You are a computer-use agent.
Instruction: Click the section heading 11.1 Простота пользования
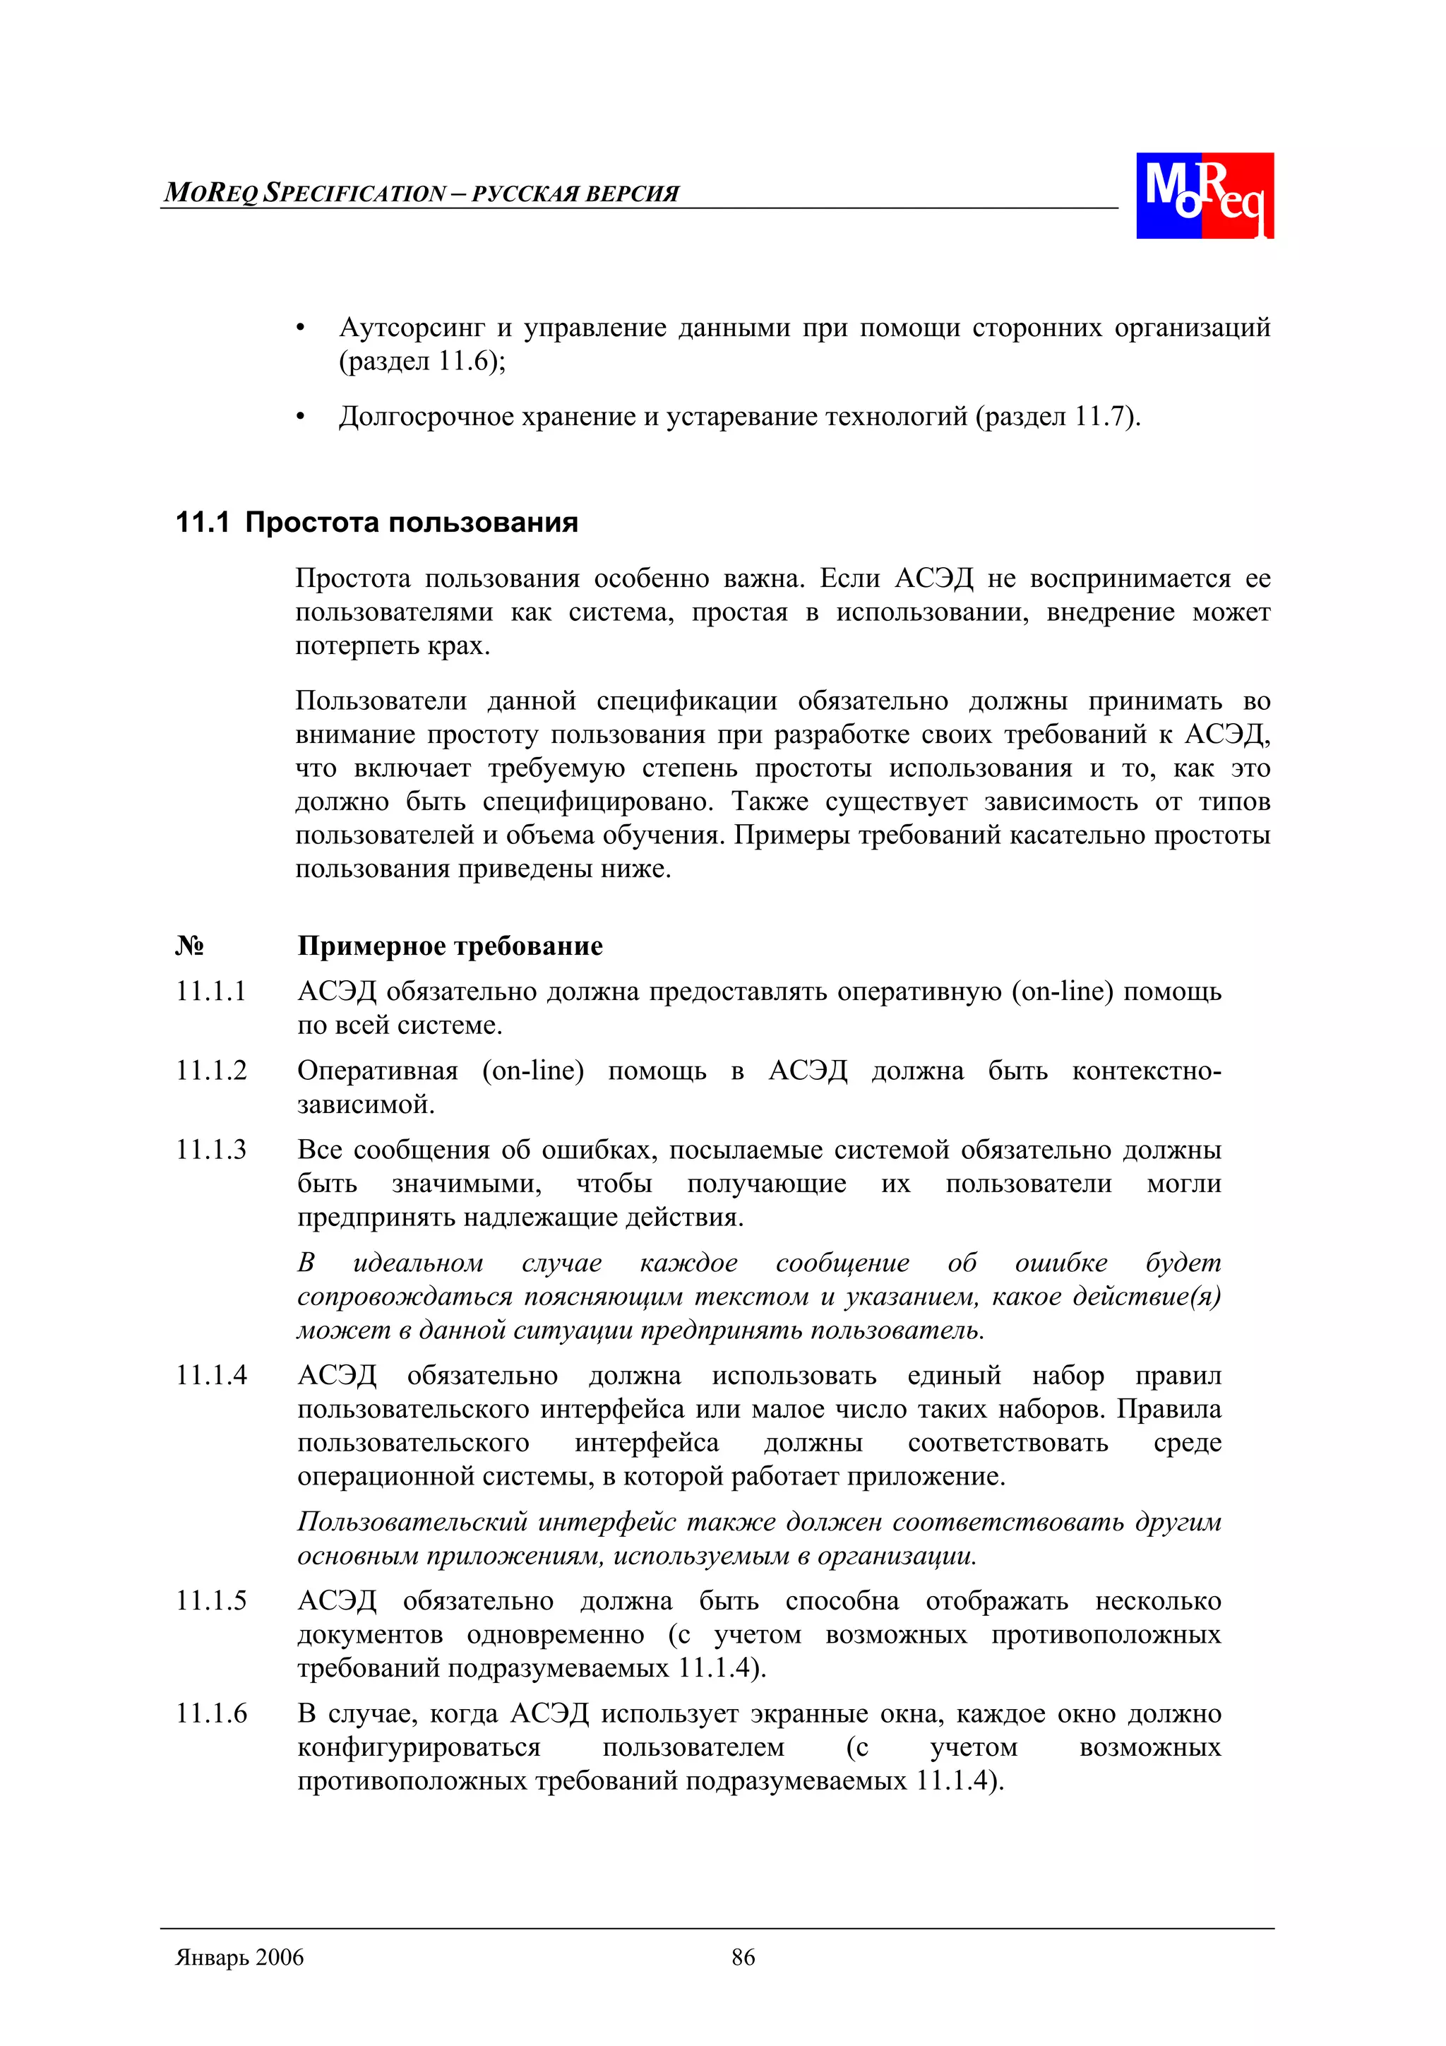(x=376, y=522)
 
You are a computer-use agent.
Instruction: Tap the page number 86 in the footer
(x=743, y=1957)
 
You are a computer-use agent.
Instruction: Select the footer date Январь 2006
(x=239, y=1957)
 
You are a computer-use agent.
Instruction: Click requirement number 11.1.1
(x=211, y=991)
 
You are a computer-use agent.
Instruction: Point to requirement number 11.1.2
(x=211, y=1070)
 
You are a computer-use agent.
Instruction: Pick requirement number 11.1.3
(x=211, y=1150)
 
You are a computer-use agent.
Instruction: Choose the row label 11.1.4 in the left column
(x=211, y=1375)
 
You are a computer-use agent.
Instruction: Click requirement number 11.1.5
(x=211, y=1600)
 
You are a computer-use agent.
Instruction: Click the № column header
(x=189, y=946)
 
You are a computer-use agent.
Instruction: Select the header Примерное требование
(x=450, y=946)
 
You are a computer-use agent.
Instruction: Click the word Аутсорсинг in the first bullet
(x=412, y=328)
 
